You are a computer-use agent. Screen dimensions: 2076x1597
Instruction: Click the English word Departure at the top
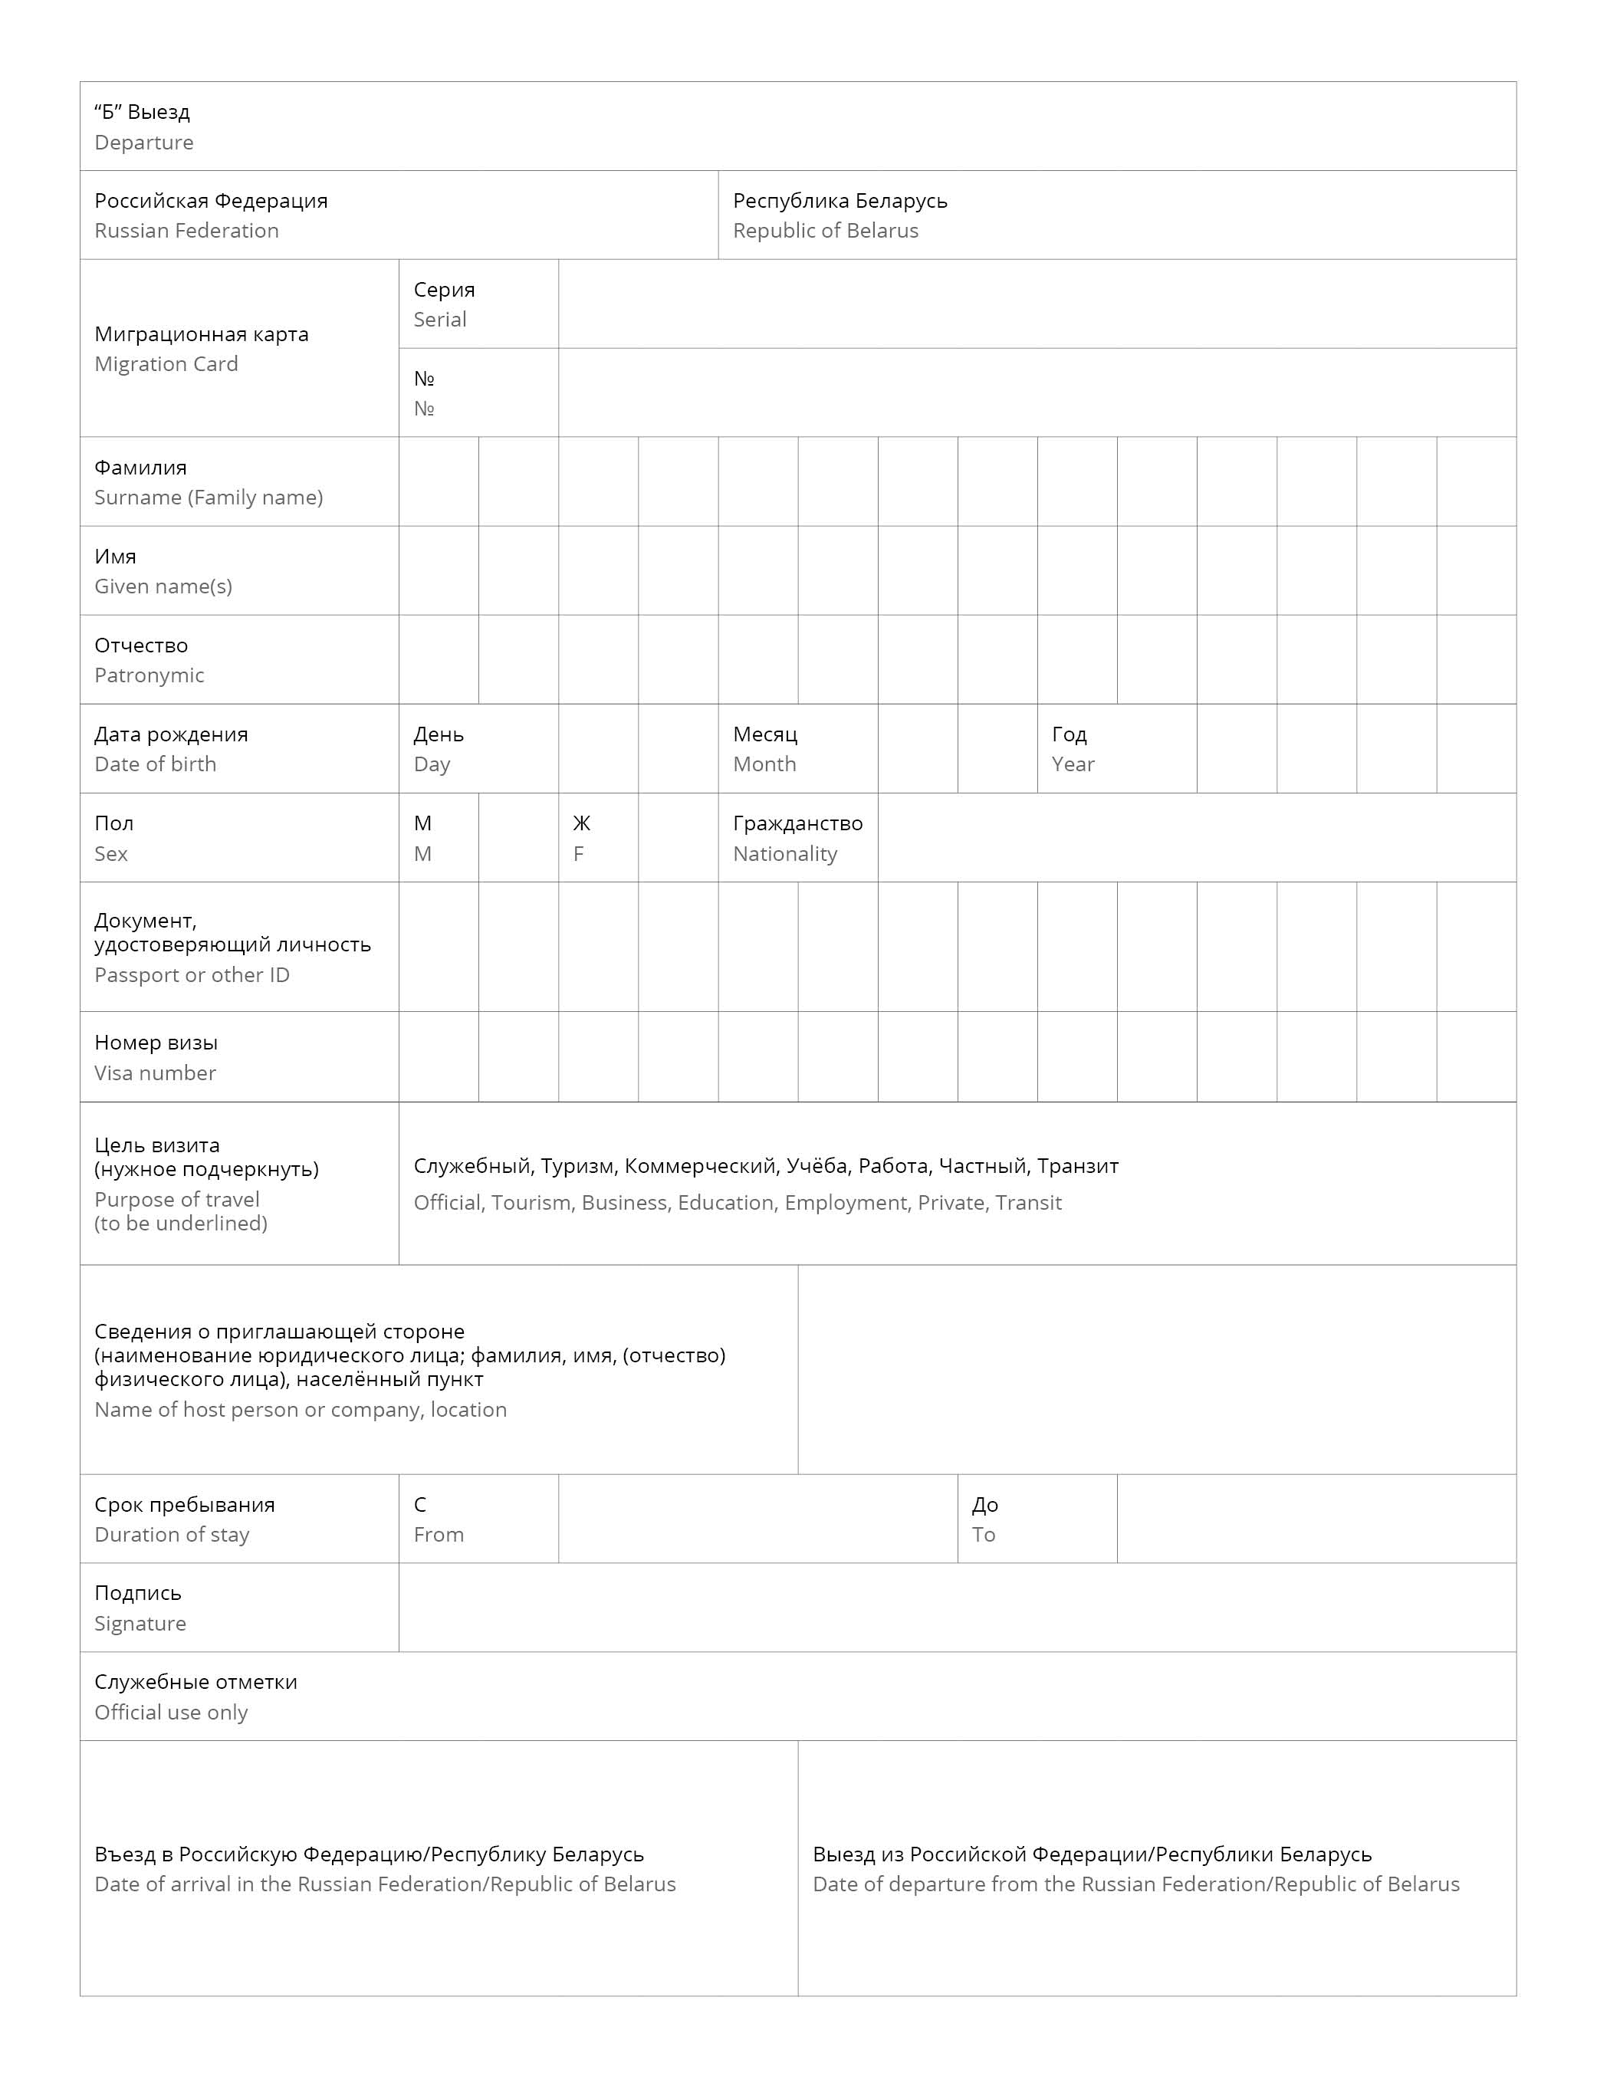click(x=143, y=143)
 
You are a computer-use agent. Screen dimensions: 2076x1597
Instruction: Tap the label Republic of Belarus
click(x=825, y=231)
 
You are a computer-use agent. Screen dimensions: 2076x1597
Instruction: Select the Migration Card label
click(x=166, y=364)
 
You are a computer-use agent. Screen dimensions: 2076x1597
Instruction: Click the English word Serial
click(x=439, y=320)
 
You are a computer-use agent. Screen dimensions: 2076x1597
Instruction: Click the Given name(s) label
click(x=163, y=586)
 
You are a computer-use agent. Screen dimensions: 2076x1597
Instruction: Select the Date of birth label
click(x=155, y=764)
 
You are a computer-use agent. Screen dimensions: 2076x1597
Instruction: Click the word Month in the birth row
click(x=764, y=764)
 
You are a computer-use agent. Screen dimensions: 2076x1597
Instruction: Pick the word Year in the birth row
click(x=1073, y=764)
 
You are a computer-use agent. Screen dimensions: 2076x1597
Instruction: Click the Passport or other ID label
click(x=191, y=975)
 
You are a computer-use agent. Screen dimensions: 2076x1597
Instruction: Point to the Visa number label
click(x=155, y=1073)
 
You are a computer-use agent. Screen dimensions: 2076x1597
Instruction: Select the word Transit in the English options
click(x=1030, y=1204)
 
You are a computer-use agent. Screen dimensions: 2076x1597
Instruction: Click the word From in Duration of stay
click(x=439, y=1535)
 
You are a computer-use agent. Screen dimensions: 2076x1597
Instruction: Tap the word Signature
click(x=140, y=1624)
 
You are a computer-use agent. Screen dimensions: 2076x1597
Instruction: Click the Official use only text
click(x=171, y=1713)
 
